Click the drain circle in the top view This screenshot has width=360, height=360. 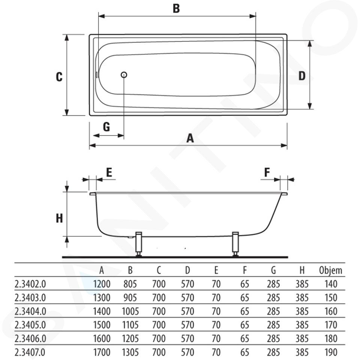pos(124,75)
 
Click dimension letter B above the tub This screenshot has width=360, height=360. pos(176,9)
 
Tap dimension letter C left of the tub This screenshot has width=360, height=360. pos(59,76)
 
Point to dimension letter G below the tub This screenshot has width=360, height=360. pos(106,127)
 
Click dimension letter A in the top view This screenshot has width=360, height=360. pos(190,138)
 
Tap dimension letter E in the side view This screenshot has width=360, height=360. pos(109,172)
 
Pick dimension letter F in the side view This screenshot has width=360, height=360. pos(267,172)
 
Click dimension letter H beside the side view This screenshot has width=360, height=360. pos(60,218)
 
